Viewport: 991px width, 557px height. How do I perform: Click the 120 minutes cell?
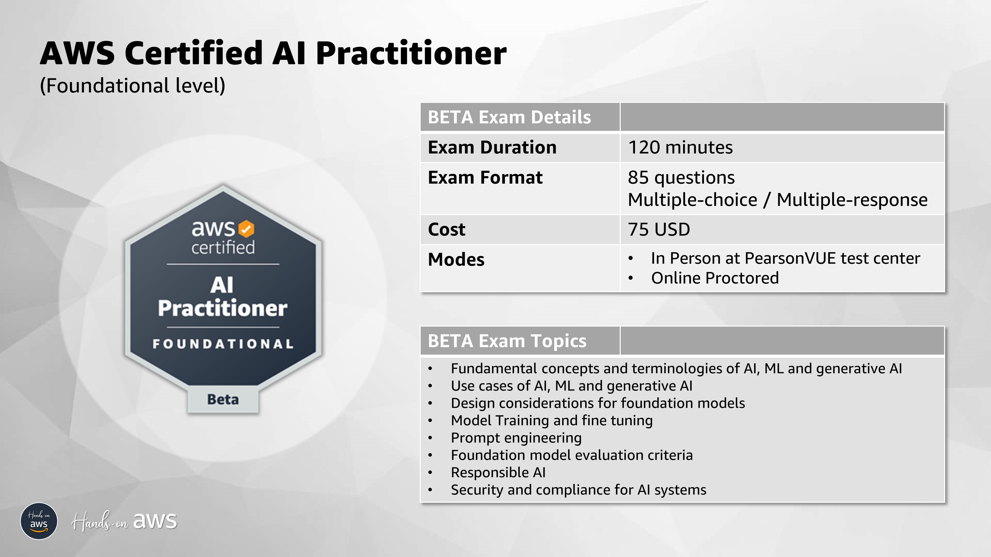coord(680,148)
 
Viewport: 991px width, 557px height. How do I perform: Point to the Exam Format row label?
coord(485,177)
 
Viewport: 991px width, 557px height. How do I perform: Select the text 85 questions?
coord(681,177)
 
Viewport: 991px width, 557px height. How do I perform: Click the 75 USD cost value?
coord(659,229)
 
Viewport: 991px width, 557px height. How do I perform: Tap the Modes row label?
coord(456,259)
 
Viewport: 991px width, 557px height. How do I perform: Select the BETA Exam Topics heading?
coord(507,341)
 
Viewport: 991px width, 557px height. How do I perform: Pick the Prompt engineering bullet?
coord(516,438)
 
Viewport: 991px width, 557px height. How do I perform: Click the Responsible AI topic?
coord(498,472)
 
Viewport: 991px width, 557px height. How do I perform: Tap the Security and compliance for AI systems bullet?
coord(578,490)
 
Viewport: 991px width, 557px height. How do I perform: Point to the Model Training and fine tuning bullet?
coord(551,421)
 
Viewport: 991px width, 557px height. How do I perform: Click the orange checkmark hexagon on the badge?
coord(246,229)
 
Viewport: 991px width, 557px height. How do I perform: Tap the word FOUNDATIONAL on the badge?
coord(223,344)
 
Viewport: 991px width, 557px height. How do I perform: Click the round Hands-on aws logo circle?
coord(39,521)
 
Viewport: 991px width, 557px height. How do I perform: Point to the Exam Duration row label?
coord(492,148)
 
